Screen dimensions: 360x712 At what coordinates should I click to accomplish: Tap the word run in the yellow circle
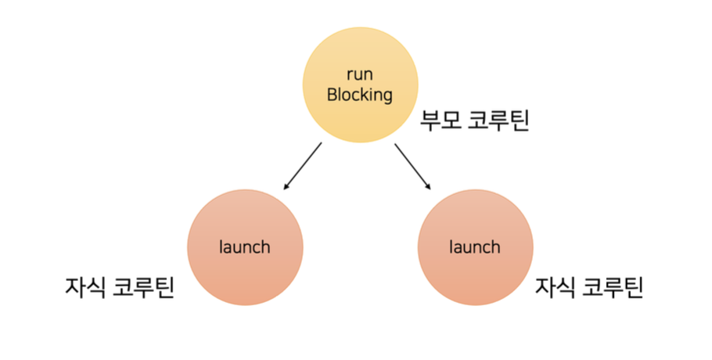(x=359, y=75)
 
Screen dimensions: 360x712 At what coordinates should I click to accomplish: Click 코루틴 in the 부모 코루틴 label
(x=500, y=121)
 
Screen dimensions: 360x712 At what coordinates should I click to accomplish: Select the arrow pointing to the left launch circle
(x=303, y=166)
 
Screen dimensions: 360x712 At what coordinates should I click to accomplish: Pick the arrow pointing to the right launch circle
(x=412, y=166)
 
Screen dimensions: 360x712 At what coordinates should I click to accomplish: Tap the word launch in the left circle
(x=245, y=247)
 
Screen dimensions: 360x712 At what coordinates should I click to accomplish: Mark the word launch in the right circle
(x=475, y=247)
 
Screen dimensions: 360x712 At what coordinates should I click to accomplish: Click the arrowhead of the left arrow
(x=286, y=188)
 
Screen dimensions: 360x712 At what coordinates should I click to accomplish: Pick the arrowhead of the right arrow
(x=429, y=188)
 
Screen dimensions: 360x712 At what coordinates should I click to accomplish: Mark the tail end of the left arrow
(x=321, y=144)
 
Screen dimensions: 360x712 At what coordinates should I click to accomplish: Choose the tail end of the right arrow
(x=395, y=144)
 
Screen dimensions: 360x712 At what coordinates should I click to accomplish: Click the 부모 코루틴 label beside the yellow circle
(x=474, y=121)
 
